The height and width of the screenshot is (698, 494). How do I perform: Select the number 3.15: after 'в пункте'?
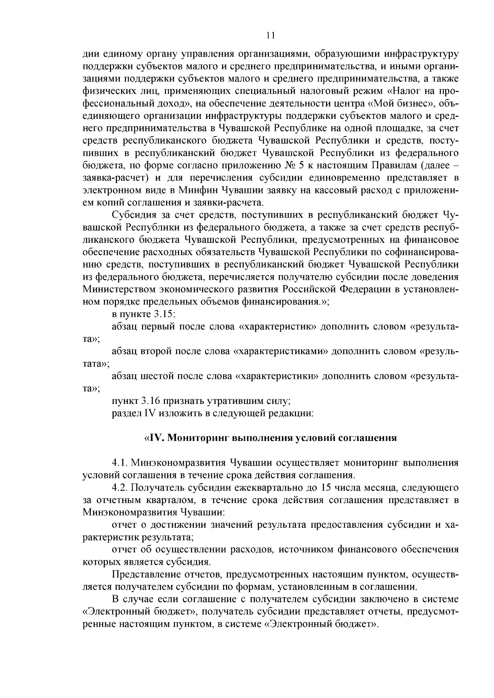(165, 314)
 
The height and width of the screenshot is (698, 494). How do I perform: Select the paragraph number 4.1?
(120, 463)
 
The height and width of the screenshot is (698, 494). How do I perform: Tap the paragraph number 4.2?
(120, 488)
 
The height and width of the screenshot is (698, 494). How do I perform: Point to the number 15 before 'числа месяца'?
(326, 488)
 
